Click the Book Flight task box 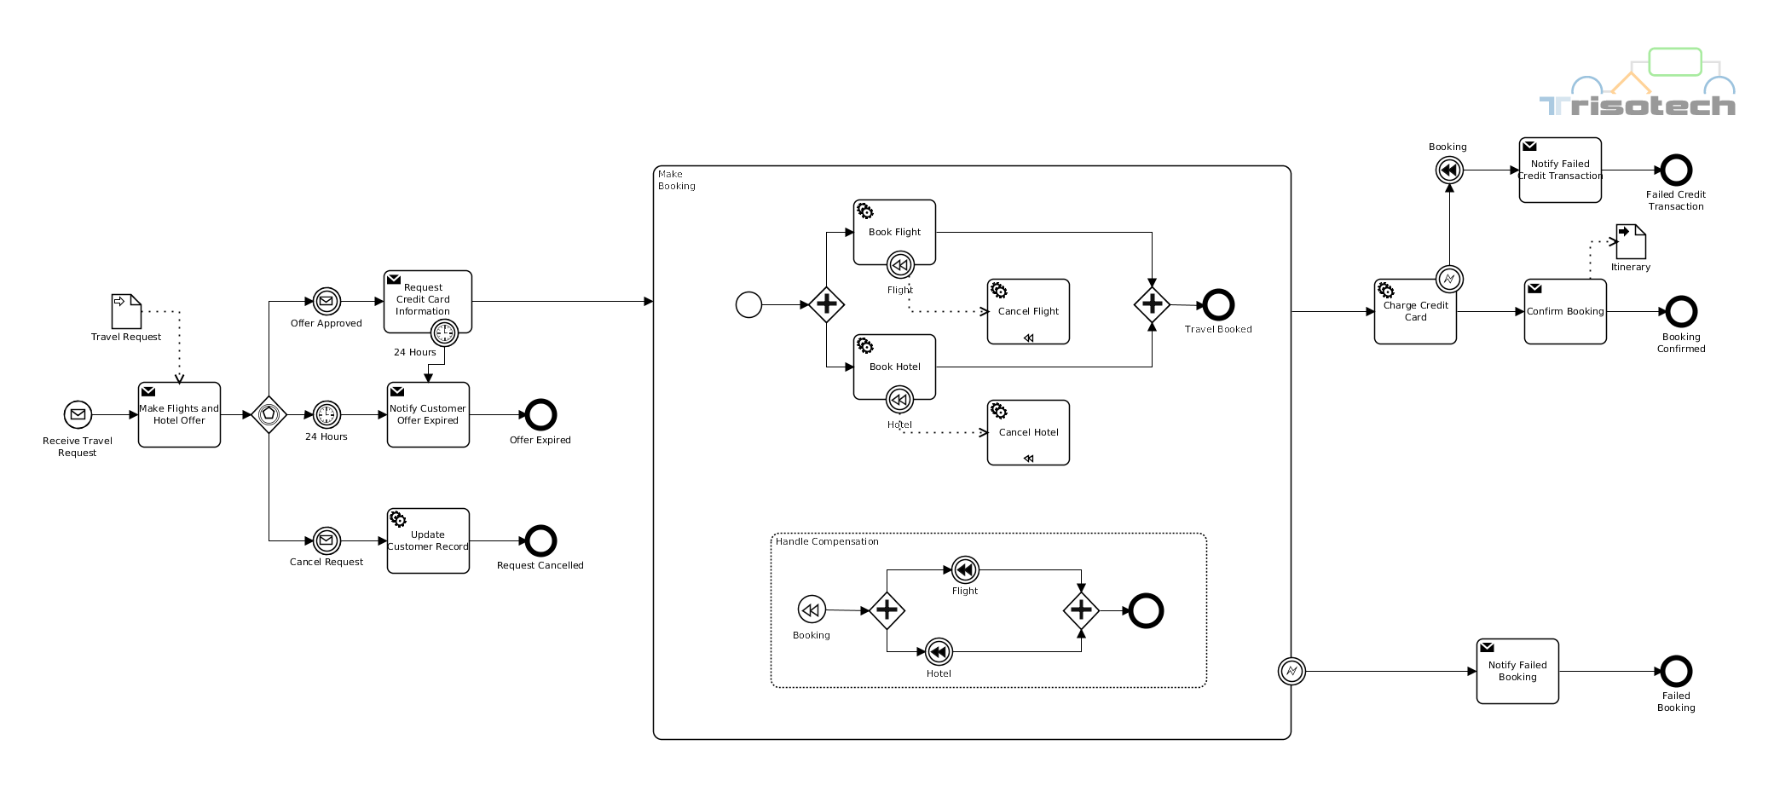click(x=894, y=232)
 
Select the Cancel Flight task click(x=1028, y=311)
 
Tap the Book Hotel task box click(x=894, y=367)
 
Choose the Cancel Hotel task click(x=1028, y=432)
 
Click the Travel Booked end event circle click(x=1218, y=304)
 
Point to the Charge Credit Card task click(x=1415, y=311)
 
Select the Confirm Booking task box click(x=1565, y=311)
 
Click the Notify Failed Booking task click(x=1517, y=671)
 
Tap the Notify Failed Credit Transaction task click(x=1560, y=170)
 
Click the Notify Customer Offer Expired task click(x=428, y=414)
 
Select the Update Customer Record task click(x=428, y=540)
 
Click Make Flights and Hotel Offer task click(x=179, y=414)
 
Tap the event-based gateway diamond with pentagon click(x=269, y=414)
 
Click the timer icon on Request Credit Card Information click(x=444, y=332)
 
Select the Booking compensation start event click(x=812, y=609)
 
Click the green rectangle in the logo click(x=1675, y=62)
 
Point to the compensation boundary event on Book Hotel click(x=899, y=399)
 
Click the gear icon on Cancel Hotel click(x=999, y=411)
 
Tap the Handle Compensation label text click(x=827, y=541)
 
